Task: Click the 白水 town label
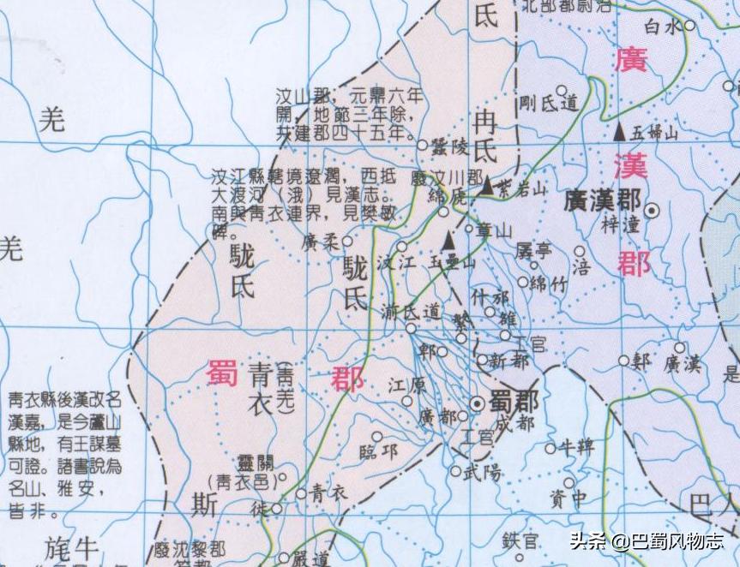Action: [665, 27]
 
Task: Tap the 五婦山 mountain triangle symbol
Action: [619, 132]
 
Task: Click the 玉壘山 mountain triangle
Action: [447, 242]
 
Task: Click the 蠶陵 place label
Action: [448, 146]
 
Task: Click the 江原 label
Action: [407, 386]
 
